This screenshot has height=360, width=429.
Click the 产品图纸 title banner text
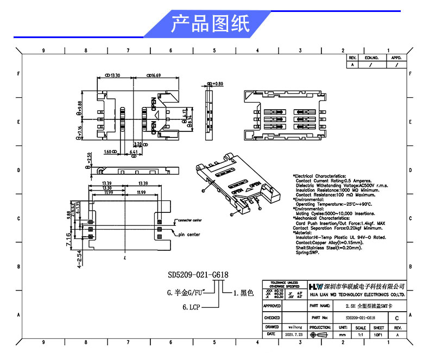click(x=211, y=24)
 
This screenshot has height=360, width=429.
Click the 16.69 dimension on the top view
click(x=154, y=75)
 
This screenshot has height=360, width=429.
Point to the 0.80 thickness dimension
click(x=217, y=84)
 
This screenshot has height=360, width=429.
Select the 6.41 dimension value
click(x=134, y=151)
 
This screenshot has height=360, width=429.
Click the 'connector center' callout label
click(x=190, y=220)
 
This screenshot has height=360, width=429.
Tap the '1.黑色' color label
click(x=243, y=293)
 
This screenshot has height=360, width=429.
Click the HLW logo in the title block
click(x=316, y=286)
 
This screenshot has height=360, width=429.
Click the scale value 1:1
click(x=360, y=336)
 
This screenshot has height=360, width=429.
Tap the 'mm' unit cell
click(x=342, y=336)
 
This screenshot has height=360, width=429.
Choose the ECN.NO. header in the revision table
click(x=371, y=57)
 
